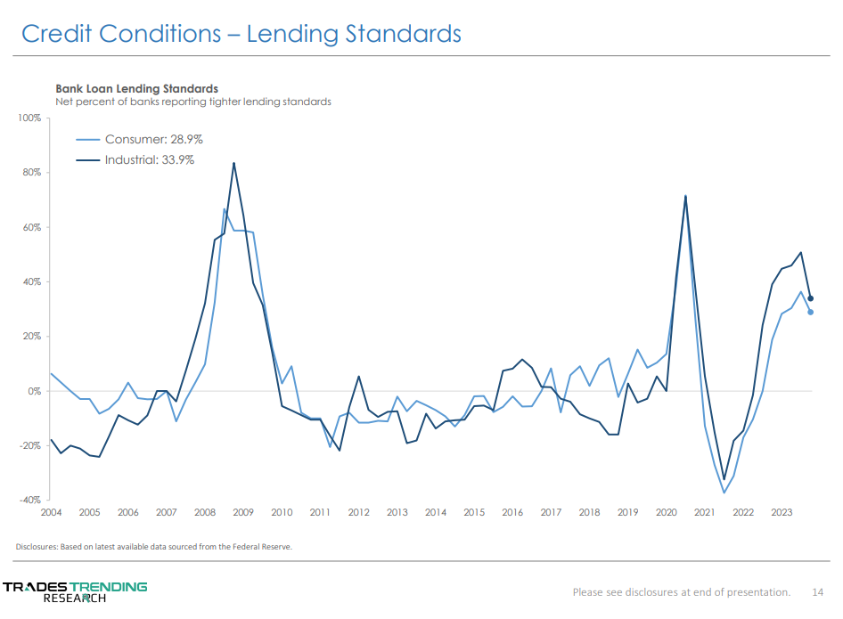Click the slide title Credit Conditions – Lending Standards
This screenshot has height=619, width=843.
(x=241, y=34)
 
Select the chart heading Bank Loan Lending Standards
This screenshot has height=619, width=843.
(x=136, y=88)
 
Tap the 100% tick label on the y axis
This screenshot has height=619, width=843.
(x=29, y=118)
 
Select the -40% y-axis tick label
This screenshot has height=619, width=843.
(x=29, y=501)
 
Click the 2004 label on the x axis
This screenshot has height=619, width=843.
(x=51, y=513)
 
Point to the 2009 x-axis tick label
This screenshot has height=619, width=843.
(x=243, y=513)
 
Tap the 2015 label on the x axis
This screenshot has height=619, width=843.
(x=474, y=513)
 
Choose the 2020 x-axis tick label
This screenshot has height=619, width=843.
(x=667, y=513)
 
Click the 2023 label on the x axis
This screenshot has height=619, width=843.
(x=782, y=513)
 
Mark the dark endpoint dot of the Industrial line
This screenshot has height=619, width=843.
(x=810, y=298)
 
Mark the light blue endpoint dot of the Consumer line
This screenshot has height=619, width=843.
(x=810, y=312)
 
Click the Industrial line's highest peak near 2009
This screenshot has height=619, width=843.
(x=233, y=163)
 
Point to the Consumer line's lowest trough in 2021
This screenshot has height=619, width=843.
(x=724, y=493)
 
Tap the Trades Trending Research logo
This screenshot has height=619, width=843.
(x=75, y=591)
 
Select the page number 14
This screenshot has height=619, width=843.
(x=817, y=591)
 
